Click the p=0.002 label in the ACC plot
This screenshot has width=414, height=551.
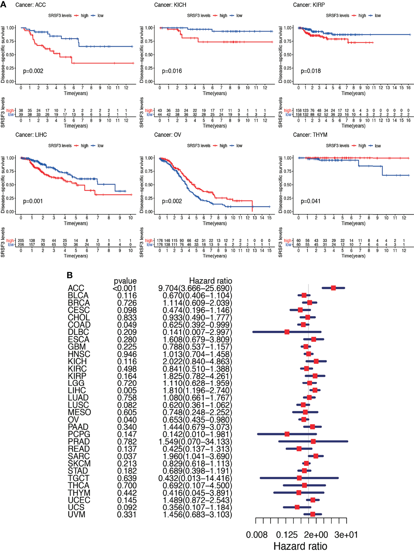pyautogui.click(x=33, y=71)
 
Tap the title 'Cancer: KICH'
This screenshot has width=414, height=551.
pyautogui.click(x=170, y=5)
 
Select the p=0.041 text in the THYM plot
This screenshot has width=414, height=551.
pyautogui.click(x=310, y=201)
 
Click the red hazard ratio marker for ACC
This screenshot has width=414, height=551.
pyautogui.click(x=333, y=288)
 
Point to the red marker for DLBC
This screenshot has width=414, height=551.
pyautogui.click(x=287, y=332)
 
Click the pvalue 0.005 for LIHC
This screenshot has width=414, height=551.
pyautogui.click(x=127, y=390)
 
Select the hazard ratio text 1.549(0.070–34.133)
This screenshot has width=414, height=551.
pyautogui.click(x=195, y=442)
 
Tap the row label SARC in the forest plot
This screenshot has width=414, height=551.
pyautogui.click(x=79, y=456)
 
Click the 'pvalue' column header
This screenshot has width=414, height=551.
pyautogui.click(x=125, y=281)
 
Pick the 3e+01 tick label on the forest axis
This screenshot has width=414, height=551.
pyautogui.click(x=346, y=535)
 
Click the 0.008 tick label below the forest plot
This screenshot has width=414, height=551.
pyautogui.click(x=257, y=535)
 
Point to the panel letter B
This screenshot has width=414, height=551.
pyautogui.click(x=70, y=275)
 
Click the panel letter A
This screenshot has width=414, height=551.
pyautogui.click(x=3, y=4)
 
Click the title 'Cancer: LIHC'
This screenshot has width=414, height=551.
pyautogui.click(x=31, y=135)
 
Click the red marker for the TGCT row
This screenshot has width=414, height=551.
pyautogui.click(x=299, y=478)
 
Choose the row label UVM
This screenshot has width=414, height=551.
pyautogui.click(x=76, y=514)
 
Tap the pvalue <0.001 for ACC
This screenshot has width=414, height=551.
pyautogui.click(x=125, y=288)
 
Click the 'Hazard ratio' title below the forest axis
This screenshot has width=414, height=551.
pyautogui.click(x=300, y=546)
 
